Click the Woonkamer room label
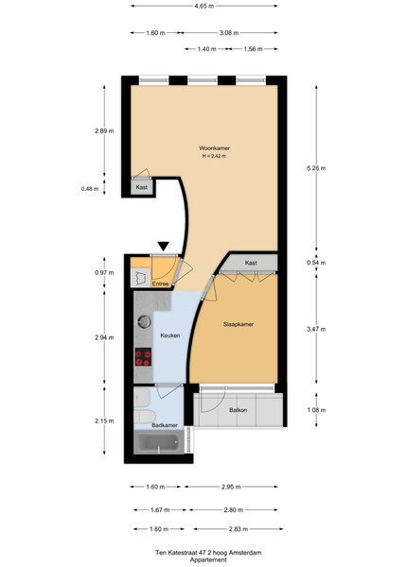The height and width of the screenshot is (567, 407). (214, 148)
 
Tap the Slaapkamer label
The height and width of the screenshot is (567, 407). (239, 324)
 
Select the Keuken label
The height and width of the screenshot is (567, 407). (170, 335)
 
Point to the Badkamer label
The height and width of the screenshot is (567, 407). (165, 425)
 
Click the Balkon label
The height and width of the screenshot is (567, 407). (239, 410)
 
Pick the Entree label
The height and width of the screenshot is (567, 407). (160, 283)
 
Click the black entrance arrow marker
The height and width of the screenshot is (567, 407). (164, 247)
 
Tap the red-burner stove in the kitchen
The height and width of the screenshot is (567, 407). (143, 357)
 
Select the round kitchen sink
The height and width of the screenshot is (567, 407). (144, 321)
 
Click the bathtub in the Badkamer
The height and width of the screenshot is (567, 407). (159, 442)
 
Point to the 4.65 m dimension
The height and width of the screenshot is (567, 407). (204, 6)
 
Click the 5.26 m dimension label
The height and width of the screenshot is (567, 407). (316, 168)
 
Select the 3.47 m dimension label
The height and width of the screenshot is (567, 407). (316, 329)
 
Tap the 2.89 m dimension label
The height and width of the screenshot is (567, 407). (104, 131)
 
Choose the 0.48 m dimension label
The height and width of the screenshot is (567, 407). (90, 189)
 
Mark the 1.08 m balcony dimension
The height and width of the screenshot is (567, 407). (316, 410)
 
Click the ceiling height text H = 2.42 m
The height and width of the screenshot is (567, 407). (214, 156)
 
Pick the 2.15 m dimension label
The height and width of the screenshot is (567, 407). (104, 421)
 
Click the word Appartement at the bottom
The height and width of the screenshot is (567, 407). (208, 559)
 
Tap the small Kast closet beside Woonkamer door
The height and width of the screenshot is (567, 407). (142, 187)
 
